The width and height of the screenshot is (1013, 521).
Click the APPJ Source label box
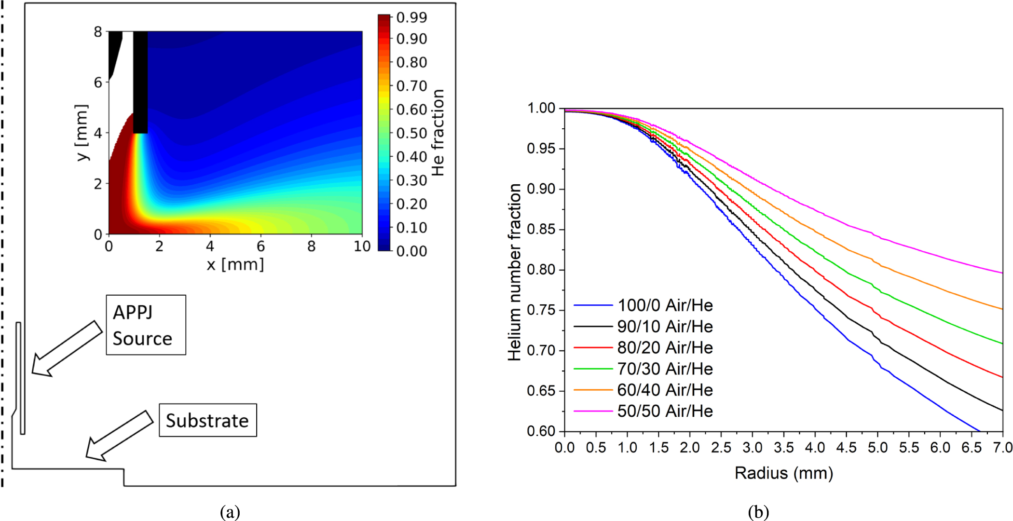click(x=146, y=325)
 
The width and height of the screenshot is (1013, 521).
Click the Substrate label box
click(x=207, y=421)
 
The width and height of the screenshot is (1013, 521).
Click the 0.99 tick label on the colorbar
click(x=411, y=18)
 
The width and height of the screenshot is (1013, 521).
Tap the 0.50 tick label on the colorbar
click(x=411, y=133)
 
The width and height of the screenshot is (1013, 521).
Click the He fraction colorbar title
click(x=438, y=133)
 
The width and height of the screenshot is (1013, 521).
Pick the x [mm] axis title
click(x=235, y=264)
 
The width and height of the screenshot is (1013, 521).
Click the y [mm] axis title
click(x=82, y=133)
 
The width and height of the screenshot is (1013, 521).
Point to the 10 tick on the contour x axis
click(x=362, y=247)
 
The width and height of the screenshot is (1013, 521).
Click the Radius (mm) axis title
click(x=784, y=473)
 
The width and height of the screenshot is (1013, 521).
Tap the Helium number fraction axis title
click(x=515, y=272)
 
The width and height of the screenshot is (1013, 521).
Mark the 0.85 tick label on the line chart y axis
click(x=541, y=229)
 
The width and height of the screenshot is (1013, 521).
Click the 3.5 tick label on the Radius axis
click(x=784, y=448)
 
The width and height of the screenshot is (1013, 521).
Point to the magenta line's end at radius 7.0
click(x=1002, y=273)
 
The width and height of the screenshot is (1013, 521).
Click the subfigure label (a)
click(x=230, y=511)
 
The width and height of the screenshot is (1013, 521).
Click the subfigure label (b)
click(x=758, y=511)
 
